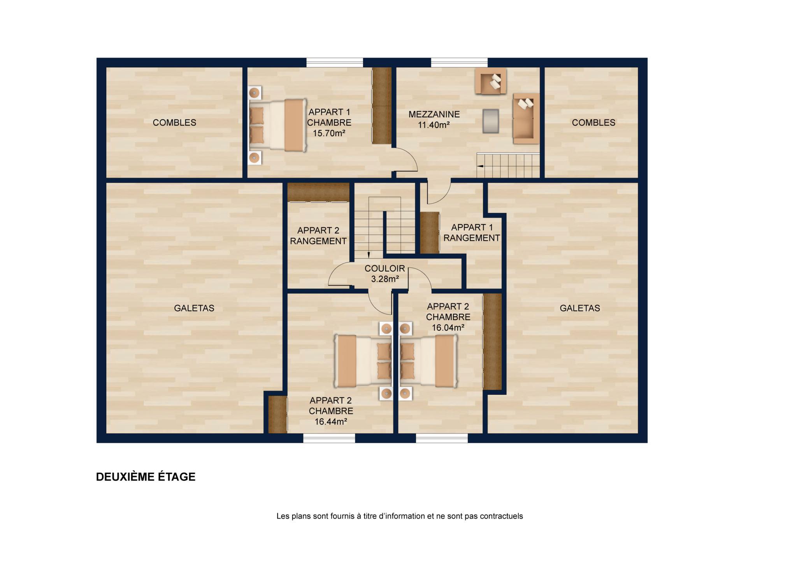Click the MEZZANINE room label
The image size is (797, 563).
434,114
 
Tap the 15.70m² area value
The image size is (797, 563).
329,133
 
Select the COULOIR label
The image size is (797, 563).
385,268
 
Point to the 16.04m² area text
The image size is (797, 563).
448,328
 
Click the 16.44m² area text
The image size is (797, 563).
331,421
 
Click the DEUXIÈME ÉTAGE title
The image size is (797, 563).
146,477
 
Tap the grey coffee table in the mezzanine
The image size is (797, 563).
491,121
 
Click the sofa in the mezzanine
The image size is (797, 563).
526,118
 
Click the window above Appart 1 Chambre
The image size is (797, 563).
335,62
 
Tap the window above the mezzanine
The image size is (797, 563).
459,62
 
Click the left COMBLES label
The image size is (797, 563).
174,123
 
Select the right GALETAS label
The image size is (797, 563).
580,308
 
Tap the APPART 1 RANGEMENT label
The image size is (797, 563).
472,233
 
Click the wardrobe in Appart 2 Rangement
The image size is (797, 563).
318,192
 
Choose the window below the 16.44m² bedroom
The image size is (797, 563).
329,438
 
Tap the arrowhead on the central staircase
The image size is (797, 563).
368,256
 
